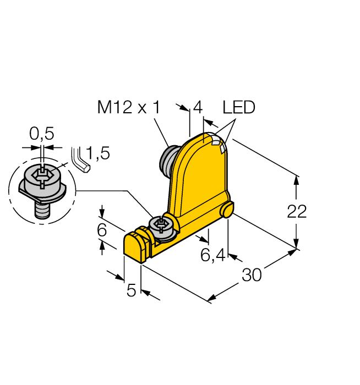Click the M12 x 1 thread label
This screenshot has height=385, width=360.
click(128, 108)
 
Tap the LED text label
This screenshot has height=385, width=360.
click(239, 108)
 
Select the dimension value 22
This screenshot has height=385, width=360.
click(297, 211)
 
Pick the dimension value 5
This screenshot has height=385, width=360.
click(132, 290)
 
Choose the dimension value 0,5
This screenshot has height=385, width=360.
click(41, 134)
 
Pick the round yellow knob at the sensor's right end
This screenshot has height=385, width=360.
click(228, 210)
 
